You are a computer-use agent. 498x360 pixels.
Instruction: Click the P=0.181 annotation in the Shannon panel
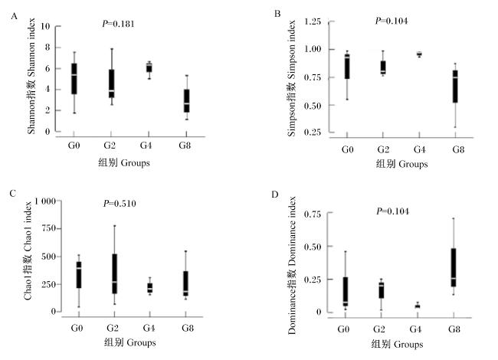(118, 24)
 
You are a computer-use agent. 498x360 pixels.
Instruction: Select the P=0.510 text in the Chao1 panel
(120, 203)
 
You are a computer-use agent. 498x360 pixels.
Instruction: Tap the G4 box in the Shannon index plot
(149, 67)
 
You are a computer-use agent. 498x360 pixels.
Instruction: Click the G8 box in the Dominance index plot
(454, 267)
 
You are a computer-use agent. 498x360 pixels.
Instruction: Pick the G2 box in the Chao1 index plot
(115, 273)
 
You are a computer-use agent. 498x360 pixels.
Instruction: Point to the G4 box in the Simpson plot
(419, 54)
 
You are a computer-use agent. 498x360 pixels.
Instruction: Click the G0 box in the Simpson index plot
(347, 67)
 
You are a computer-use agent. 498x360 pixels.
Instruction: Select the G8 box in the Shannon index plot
(186, 100)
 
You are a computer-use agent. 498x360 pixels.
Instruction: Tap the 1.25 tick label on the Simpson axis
(313, 21)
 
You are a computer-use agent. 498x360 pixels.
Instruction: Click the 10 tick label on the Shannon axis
(45, 26)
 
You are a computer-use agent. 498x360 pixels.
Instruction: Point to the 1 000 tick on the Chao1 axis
(44, 201)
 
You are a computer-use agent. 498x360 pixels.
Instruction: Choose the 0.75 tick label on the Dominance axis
(313, 214)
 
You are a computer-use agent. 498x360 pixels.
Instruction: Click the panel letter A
(14, 16)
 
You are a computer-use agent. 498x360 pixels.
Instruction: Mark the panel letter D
(275, 195)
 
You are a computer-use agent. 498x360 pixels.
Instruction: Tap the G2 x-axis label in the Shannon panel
(110, 146)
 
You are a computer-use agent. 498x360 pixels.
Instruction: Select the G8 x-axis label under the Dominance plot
(454, 329)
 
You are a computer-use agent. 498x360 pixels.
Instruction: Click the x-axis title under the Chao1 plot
(130, 342)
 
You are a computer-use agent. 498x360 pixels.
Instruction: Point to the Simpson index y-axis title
(292, 78)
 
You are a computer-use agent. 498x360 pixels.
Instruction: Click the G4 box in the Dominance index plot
(418, 306)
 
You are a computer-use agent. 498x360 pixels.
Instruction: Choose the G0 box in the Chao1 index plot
(78, 275)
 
